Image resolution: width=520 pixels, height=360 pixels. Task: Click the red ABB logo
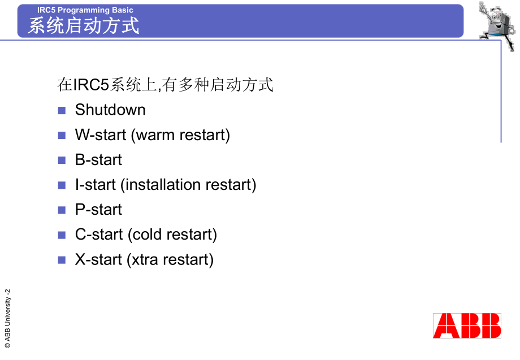click(467, 326)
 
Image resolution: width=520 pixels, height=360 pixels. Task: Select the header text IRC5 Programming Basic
click(85, 10)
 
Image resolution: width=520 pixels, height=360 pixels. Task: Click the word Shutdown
click(110, 110)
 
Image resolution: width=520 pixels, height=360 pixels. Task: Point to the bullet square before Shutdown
click(62, 110)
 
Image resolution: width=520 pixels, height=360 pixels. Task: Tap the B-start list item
click(98, 160)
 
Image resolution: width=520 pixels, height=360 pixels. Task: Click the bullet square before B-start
click(62, 161)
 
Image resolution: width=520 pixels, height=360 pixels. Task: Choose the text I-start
click(96, 185)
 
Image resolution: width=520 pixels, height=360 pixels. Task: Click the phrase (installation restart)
click(189, 185)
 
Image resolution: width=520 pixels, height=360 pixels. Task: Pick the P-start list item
click(98, 210)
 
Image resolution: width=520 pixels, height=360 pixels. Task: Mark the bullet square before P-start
click(62, 210)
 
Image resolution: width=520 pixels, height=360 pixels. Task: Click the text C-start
click(99, 235)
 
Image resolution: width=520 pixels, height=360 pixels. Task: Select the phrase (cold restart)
click(172, 235)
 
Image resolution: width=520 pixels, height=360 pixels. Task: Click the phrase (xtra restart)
click(170, 259)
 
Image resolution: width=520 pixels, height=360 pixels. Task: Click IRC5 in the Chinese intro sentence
click(90, 85)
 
